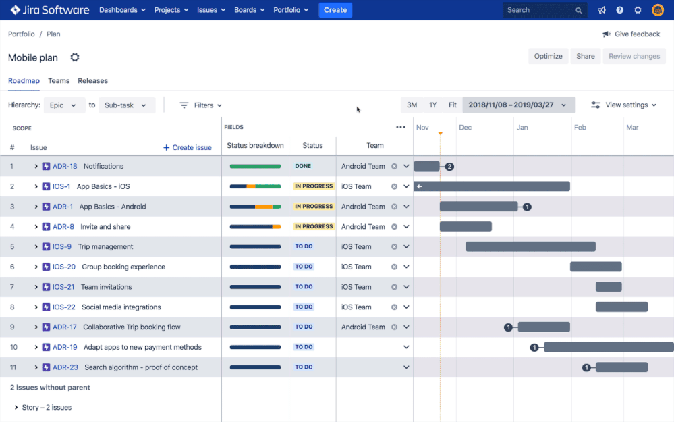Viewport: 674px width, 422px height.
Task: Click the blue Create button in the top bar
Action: [x=335, y=10]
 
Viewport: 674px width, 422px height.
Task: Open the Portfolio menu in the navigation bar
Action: [x=291, y=10]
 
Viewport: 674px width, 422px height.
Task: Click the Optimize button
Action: [x=548, y=57]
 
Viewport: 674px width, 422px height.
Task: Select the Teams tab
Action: [x=59, y=81]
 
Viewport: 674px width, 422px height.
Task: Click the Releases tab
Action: [x=92, y=81]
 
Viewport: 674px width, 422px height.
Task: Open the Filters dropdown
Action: [x=201, y=105]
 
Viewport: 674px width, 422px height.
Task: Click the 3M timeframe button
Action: [x=412, y=105]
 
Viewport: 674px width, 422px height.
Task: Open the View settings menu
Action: [x=623, y=105]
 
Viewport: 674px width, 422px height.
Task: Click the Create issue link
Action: [x=188, y=148]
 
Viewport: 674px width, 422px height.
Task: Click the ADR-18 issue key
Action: [x=65, y=167]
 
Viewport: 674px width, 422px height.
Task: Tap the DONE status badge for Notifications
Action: [x=303, y=167]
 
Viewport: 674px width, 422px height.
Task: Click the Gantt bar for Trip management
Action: [x=530, y=247]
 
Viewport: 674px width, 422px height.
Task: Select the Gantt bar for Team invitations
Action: [x=608, y=287]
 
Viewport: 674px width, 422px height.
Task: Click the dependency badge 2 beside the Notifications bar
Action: [x=449, y=167]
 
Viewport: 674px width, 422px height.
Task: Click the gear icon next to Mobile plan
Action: [x=75, y=57]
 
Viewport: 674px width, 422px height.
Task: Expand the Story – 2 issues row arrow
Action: [x=16, y=408]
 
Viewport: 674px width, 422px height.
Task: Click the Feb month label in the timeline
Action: [x=580, y=128]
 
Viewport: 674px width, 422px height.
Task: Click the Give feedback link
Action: [x=631, y=34]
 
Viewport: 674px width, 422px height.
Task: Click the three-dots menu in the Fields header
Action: [x=401, y=127]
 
